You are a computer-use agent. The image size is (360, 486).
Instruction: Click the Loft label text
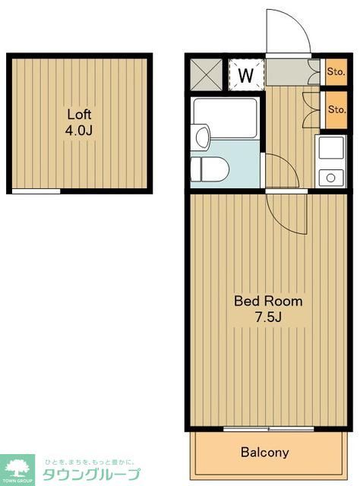(x=79, y=115)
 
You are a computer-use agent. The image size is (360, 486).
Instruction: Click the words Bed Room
(x=267, y=301)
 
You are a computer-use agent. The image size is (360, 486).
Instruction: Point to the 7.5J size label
(x=267, y=317)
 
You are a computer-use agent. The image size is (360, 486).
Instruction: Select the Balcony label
(x=264, y=453)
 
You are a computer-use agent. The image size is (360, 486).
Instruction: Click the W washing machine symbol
(x=245, y=75)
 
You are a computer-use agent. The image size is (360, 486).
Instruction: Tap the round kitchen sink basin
(x=330, y=178)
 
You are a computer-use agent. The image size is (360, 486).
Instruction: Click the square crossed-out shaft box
(x=207, y=74)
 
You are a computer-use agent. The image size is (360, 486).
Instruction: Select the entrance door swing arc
(x=288, y=33)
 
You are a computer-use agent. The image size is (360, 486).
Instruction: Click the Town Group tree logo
(x=17, y=469)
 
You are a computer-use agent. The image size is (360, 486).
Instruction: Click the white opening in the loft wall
(x=36, y=191)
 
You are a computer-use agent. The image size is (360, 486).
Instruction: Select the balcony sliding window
(x=258, y=430)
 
